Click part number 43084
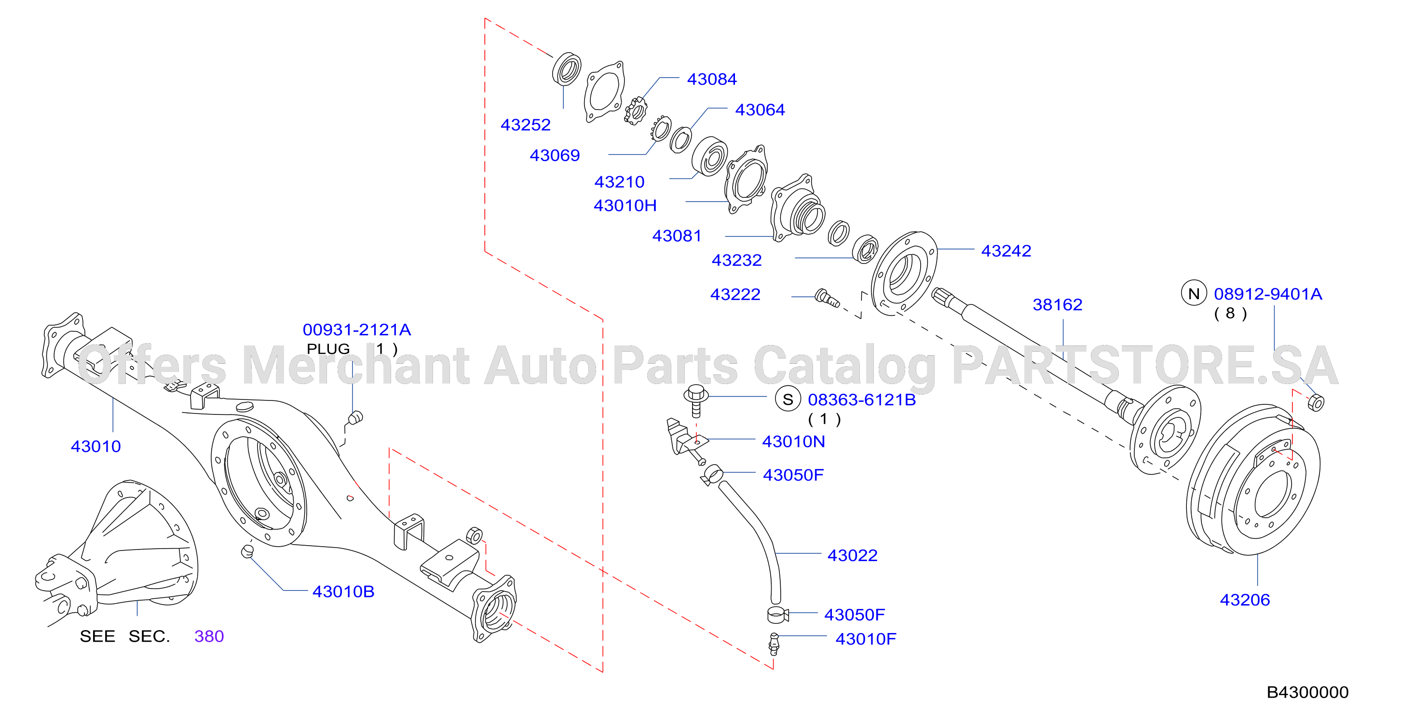click(x=711, y=80)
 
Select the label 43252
click(x=525, y=125)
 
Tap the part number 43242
click(x=1006, y=251)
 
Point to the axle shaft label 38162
click(x=1057, y=305)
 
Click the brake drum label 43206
click(x=1244, y=600)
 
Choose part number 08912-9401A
click(x=1267, y=294)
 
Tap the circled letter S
click(x=788, y=399)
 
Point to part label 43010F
click(x=866, y=639)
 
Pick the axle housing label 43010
click(x=95, y=446)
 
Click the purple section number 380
click(x=209, y=636)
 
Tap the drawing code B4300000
click(x=1307, y=692)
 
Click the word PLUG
click(x=328, y=349)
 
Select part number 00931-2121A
click(x=357, y=330)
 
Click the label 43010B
click(x=343, y=592)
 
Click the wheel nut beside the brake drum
click(x=1316, y=402)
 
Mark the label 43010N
click(x=793, y=442)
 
